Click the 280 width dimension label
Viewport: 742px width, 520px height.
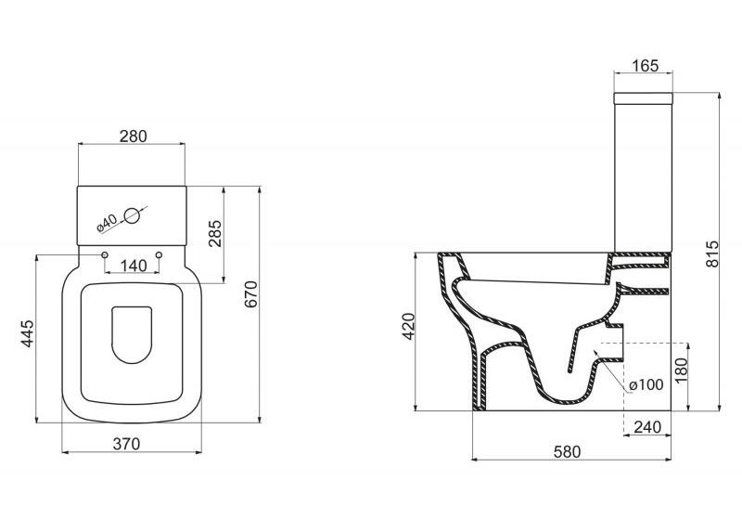pyautogui.click(x=133, y=136)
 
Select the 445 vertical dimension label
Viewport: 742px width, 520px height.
pyautogui.click(x=27, y=335)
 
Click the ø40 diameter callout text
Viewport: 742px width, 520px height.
pyautogui.click(x=106, y=223)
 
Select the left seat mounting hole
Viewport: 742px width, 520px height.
pyautogui.click(x=104, y=254)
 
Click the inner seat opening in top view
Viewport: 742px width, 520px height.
pyautogui.click(x=132, y=332)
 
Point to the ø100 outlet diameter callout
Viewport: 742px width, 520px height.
pyautogui.click(x=645, y=385)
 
